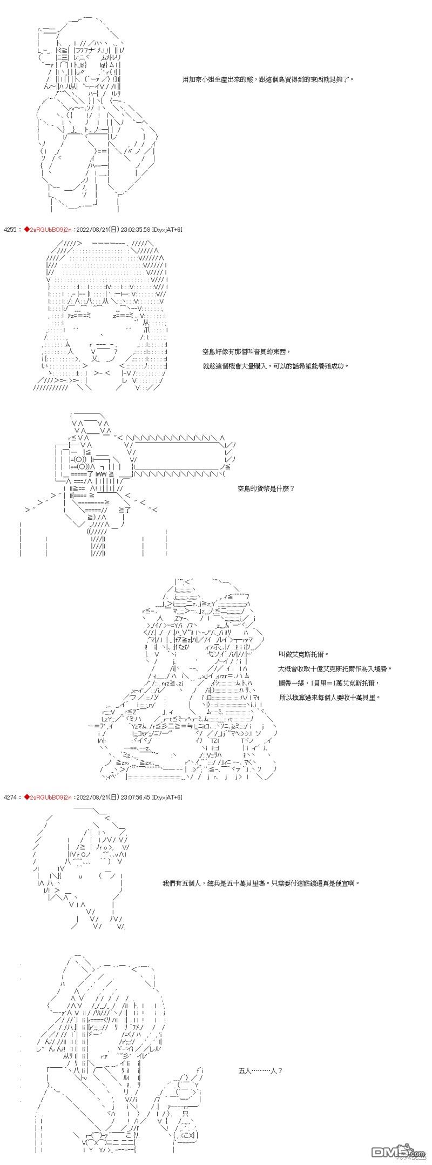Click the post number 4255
[10, 230]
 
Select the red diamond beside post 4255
[25, 230]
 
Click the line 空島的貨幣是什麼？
[266, 489]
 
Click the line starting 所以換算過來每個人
[330, 698]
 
